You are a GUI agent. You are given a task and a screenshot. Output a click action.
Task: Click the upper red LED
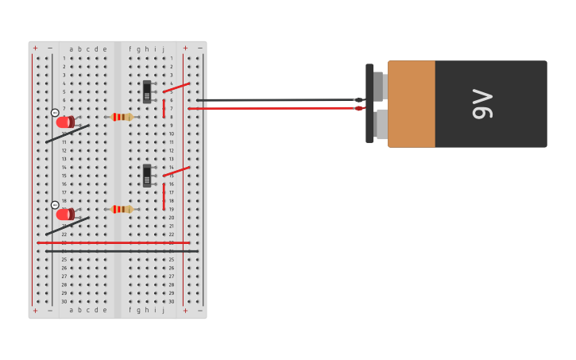64,122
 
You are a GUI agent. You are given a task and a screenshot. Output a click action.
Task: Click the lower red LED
64,215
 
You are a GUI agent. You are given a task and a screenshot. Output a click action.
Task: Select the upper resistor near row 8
121,117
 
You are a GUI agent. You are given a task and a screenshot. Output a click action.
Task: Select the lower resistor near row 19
121,209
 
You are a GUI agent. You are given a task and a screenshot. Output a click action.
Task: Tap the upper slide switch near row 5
147,91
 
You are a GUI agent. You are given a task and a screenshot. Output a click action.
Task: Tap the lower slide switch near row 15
147,176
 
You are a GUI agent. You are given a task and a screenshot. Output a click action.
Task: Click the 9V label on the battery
482,104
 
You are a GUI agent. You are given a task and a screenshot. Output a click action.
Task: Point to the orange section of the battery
411,104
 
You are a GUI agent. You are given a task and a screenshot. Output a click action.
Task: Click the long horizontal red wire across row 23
111,242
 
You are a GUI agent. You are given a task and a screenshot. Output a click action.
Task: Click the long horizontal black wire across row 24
119,251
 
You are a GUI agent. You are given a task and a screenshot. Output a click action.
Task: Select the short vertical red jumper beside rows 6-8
164,108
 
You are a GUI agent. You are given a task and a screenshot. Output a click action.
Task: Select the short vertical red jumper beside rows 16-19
164,196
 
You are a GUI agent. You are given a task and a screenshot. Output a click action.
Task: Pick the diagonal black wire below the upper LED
68,134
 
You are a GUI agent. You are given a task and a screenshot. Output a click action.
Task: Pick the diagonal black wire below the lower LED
68,226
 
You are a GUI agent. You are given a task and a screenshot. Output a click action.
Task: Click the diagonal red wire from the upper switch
176,87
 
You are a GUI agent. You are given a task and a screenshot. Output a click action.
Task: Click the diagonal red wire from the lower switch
176,171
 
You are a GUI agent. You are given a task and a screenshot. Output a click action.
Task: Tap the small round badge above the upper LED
55,113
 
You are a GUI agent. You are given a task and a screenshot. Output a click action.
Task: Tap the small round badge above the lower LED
55,205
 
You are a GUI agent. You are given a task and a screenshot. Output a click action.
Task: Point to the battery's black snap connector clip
369,103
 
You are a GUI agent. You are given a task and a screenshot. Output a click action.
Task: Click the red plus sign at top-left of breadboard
35,48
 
